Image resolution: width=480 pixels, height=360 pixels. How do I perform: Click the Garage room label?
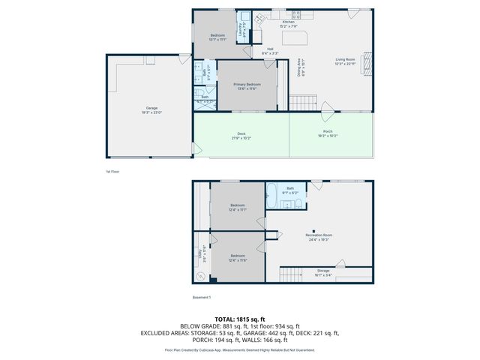pos(151,109)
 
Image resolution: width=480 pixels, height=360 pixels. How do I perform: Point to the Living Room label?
pos(346,59)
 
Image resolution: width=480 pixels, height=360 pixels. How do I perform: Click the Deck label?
pos(241,135)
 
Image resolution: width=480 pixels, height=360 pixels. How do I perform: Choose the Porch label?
pos(327,135)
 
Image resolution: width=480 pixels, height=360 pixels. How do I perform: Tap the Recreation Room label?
pos(319,236)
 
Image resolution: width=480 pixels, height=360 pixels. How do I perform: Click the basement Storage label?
pos(322,271)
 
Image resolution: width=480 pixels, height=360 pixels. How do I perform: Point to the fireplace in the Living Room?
pos(367,64)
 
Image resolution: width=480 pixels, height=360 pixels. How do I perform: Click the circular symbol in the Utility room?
pos(199,276)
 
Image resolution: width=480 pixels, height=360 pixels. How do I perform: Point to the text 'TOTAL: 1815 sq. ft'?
pos(240,319)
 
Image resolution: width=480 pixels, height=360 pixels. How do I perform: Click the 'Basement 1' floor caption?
pos(202,298)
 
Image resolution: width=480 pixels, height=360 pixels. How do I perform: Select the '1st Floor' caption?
pos(113,171)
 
